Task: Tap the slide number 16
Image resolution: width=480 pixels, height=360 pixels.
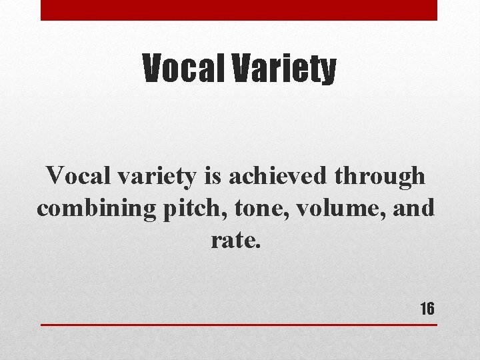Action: pos(427,309)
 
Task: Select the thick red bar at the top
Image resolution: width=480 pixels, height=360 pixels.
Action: pos(239,10)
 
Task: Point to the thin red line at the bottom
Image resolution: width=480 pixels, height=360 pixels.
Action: pos(239,325)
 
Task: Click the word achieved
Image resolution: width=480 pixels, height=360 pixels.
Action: pos(279,176)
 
